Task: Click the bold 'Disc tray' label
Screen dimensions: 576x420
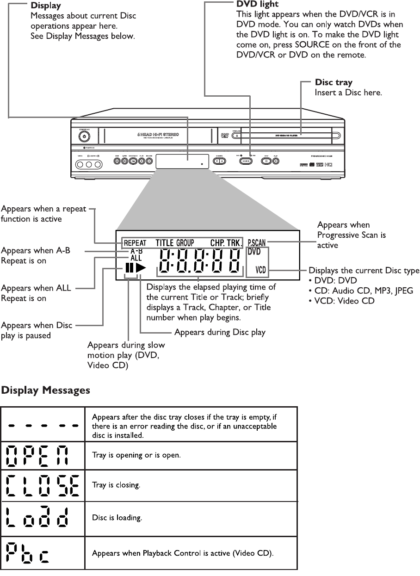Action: click(x=334, y=83)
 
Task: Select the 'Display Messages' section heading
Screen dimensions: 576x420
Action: click(x=46, y=391)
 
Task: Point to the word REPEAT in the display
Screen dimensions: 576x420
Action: click(x=135, y=243)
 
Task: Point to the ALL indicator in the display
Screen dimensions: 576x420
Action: click(x=136, y=258)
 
